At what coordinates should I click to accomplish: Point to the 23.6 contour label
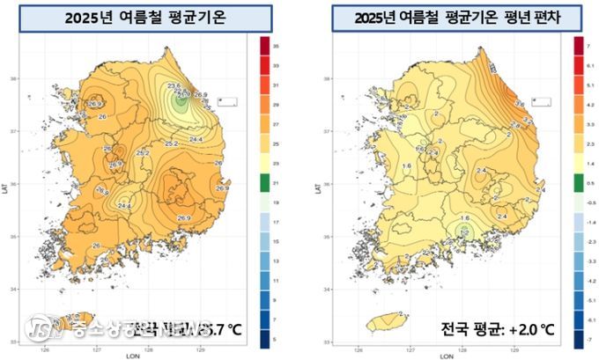click(174, 85)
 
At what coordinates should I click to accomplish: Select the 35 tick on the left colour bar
click(276, 43)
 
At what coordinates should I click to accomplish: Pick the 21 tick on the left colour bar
click(276, 184)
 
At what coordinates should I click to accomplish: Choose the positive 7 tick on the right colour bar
click(588, 43)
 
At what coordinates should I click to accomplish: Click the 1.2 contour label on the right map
click(463, 232)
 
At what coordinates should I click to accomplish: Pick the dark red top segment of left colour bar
click(265, 43)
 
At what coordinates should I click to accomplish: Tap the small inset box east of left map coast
click(227, 101)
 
